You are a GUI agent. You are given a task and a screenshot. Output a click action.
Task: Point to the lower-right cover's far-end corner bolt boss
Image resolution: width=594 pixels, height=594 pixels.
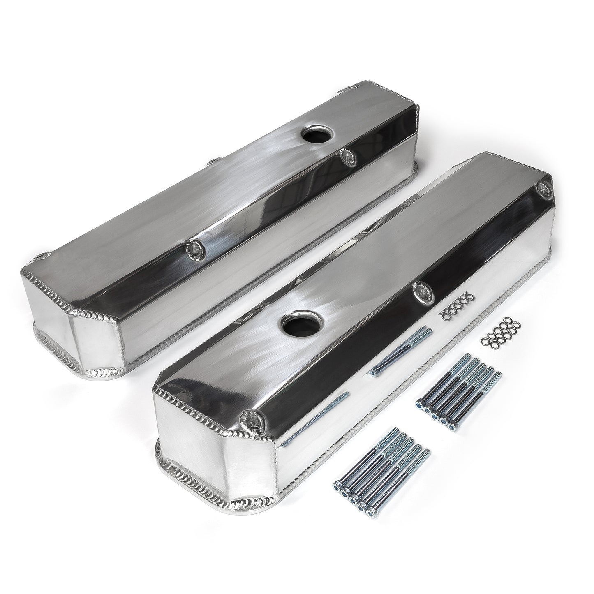543,188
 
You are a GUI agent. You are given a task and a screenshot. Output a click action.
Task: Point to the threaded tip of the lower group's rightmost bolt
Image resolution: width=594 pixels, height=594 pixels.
427,452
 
